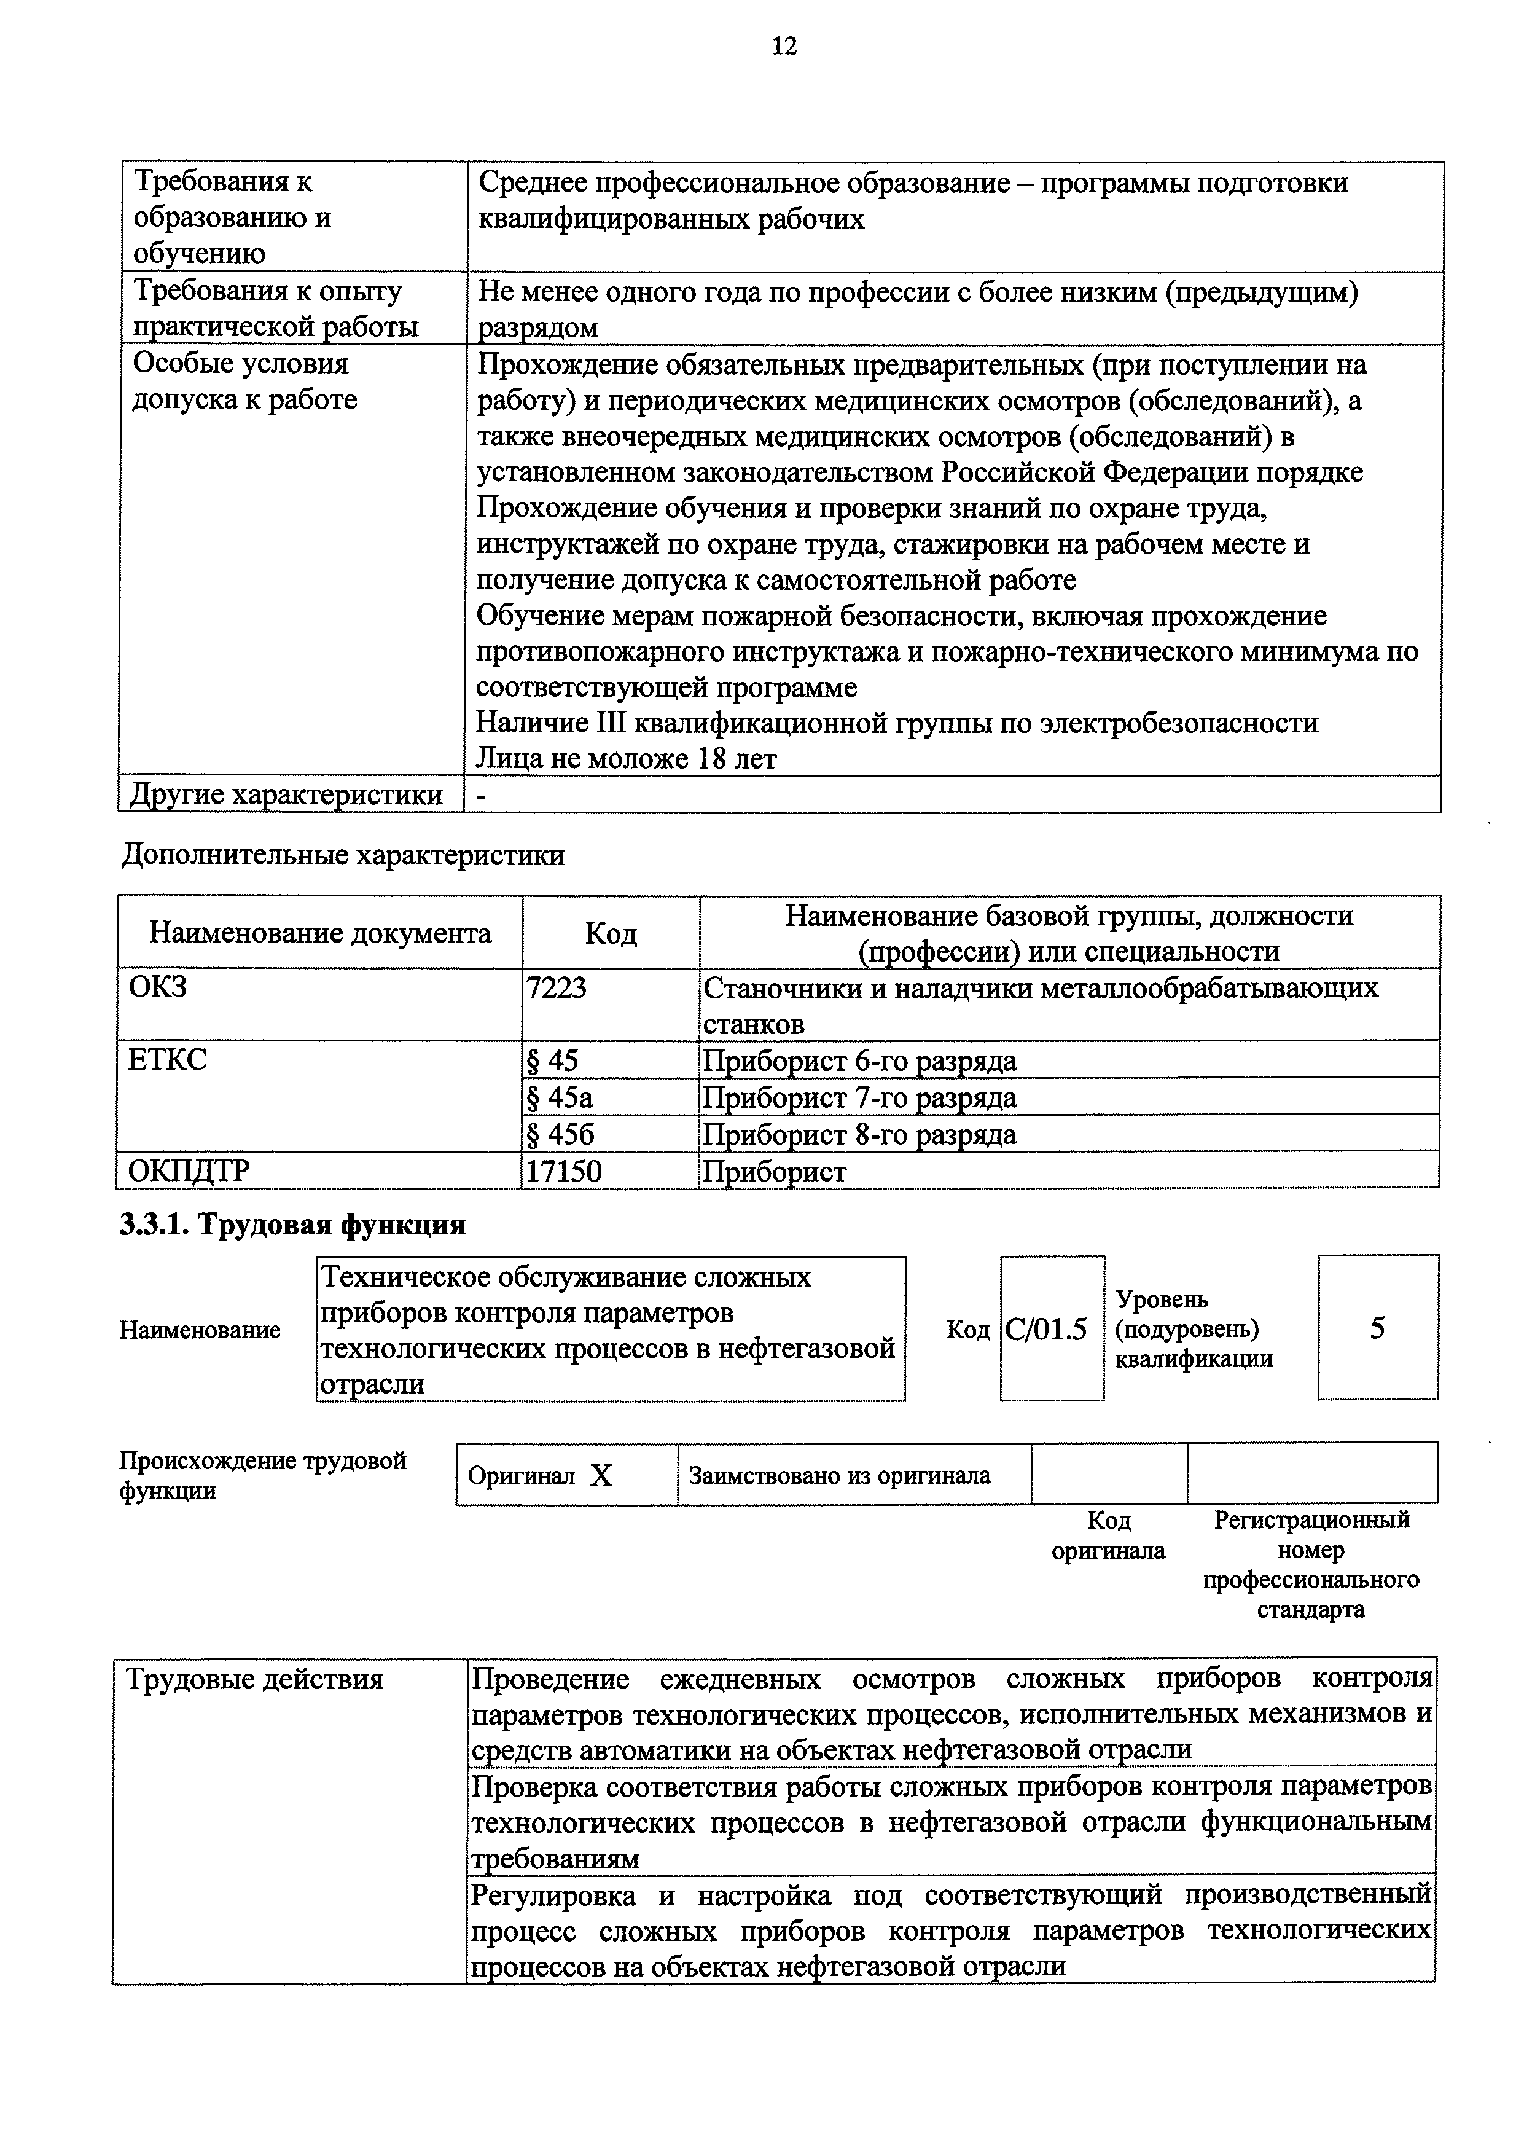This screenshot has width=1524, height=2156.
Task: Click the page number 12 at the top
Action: [x=784, y=46]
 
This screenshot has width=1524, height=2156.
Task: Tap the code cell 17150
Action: [x=563, y=1171]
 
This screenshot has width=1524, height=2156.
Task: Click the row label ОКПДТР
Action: [x=190, y=1171]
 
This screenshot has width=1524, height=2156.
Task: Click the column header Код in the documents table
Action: [x=611, y=933]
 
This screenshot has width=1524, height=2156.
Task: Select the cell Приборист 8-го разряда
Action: [x=859, y=1134]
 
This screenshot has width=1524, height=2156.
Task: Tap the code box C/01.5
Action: [x=1046, y=1330]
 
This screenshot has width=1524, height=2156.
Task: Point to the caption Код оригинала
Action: [x=1108, y=1535]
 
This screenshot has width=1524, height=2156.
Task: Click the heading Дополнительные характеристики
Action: [x=343, y=855]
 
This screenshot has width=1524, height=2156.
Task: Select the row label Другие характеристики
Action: [x=286, y=794]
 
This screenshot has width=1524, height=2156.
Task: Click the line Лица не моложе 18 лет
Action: [x=627, y=759]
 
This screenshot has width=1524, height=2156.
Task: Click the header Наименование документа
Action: [x=320, y=933]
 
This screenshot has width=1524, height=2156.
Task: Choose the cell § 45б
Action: [x=561, y=1134]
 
